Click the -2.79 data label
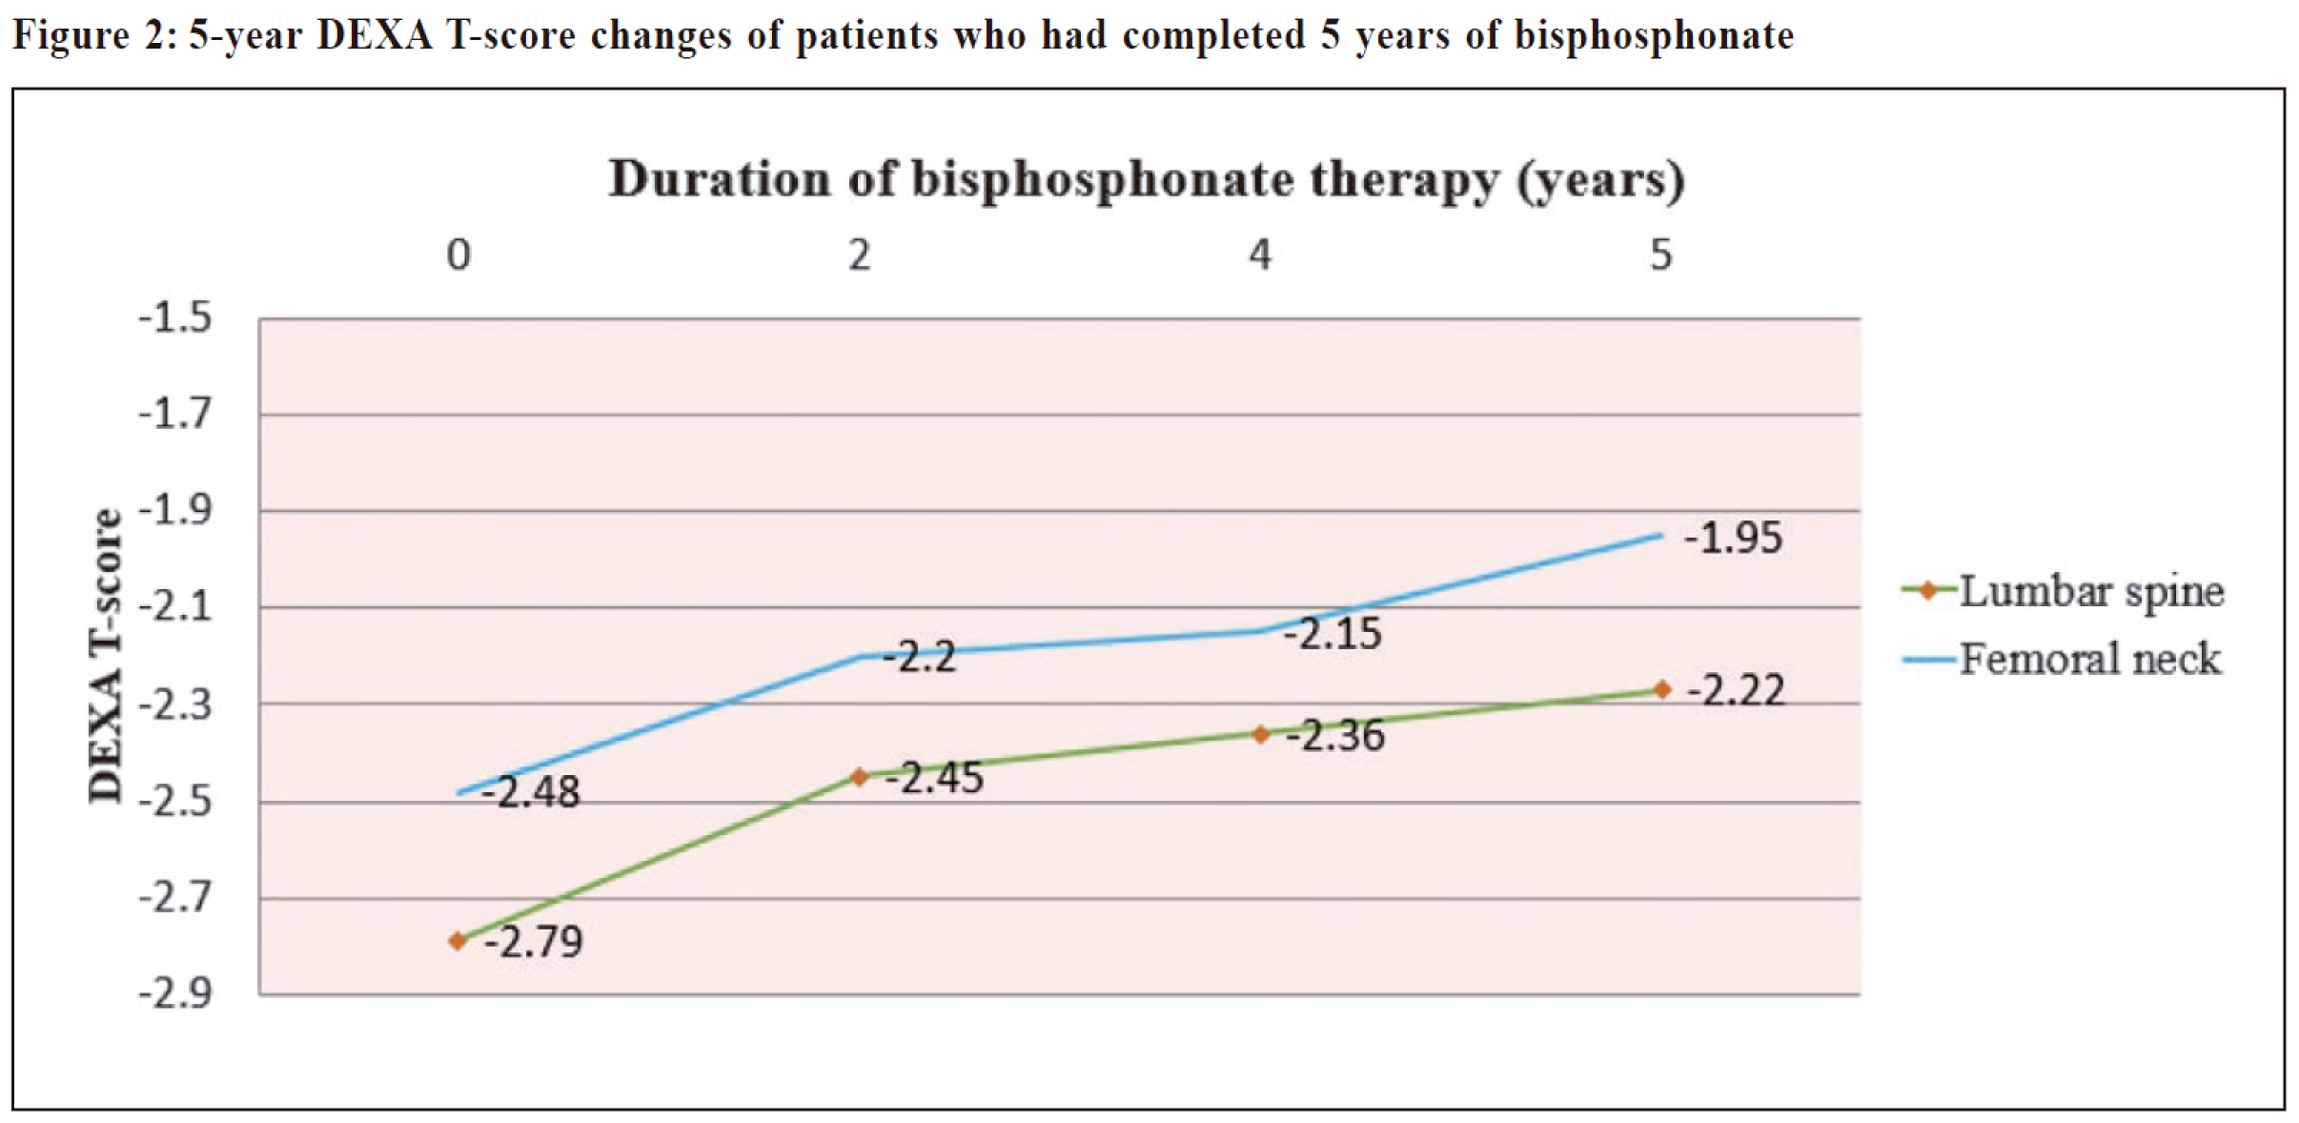[x=534, y=942]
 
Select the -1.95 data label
[x=1733, y=539]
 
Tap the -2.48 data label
[x=530, y=792]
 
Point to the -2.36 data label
[x=1334, y=736]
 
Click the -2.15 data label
[x=1333, y=634]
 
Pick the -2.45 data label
[x=934, y=778]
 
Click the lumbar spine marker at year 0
[x=458, y=941]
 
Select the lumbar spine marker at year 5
[x=1661, y=689]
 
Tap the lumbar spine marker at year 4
[x=1260, y=734]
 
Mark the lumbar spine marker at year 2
[x=859, y=777]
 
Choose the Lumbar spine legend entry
[x=2063, y=592]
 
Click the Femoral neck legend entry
[x=2061, y=659]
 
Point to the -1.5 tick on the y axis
[x=175, y=317]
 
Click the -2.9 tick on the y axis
[x=175, y=994]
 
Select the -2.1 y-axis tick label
[x=175, y=606]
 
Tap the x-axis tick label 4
[x=1260, y=255]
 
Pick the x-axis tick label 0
[x=458, y=255]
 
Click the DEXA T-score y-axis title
[x=106, y=656]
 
